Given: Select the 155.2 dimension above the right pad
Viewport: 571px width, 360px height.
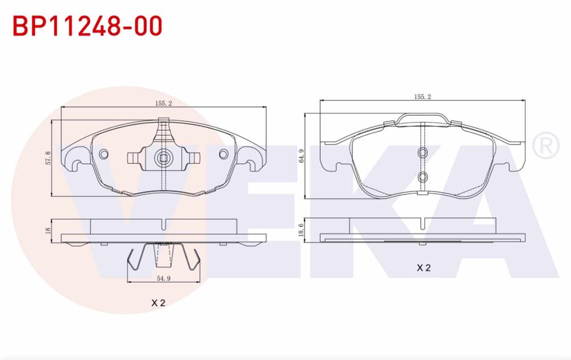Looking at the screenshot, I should click(422, 97).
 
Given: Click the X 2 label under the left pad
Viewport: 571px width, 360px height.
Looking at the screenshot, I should click(158, 304).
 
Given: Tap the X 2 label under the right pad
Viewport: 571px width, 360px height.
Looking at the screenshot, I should click(423, 267).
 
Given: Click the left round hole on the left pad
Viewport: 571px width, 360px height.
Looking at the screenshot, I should click(103, 154).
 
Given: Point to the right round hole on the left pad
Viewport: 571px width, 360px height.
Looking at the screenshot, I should click(223, 154).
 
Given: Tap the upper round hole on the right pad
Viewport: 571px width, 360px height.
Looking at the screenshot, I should click(423, 152).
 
